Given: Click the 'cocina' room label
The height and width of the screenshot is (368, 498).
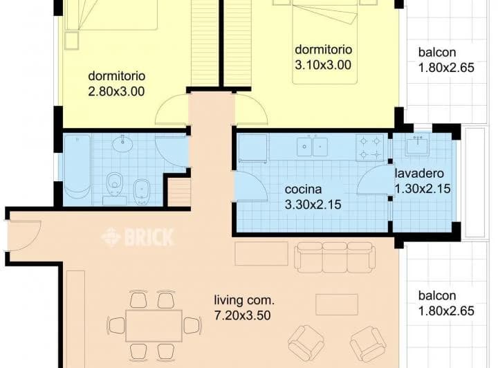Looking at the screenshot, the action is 303,190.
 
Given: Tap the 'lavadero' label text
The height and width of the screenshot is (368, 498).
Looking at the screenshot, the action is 419,174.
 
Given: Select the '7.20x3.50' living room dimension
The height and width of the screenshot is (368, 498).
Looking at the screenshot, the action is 243,315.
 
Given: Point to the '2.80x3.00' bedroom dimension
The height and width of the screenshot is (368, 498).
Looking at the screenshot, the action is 116,91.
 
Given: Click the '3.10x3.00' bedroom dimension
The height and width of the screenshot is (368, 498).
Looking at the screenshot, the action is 323,65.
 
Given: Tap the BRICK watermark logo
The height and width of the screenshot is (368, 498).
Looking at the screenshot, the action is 138,237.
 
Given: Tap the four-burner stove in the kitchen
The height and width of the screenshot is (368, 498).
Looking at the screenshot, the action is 369,147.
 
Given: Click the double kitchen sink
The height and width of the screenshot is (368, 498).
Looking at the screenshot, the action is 312,147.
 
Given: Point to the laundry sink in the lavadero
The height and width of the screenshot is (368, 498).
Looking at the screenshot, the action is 417,145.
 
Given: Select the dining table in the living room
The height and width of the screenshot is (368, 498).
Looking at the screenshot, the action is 154,326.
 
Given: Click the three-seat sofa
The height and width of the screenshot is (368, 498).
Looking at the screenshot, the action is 333,257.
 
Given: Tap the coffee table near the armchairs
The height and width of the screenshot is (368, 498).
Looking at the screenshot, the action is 337,304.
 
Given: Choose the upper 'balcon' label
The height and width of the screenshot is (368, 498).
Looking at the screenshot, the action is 437,52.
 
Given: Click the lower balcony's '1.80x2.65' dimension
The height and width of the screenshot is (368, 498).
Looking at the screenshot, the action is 447,311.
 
